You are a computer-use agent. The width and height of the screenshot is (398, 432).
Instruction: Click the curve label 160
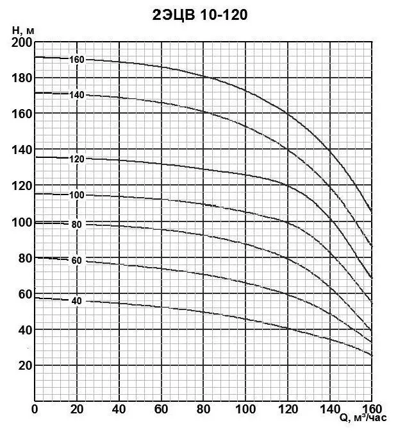(77, 60)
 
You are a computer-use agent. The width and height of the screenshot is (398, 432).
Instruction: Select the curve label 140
(77, 95)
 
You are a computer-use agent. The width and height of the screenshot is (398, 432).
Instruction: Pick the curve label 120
(77, 158)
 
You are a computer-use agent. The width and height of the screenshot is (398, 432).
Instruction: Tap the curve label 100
(77, 194)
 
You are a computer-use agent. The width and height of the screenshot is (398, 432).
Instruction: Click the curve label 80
(77, 224)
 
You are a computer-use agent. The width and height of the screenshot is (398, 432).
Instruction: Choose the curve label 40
(77, 301)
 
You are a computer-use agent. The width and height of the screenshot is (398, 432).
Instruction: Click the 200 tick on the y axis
(22, 42)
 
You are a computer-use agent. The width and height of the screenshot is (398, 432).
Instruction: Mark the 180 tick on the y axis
(22, 78)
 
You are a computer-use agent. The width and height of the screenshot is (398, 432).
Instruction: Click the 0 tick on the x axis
(35, 409)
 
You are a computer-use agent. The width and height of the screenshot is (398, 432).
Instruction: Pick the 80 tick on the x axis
(203, 409)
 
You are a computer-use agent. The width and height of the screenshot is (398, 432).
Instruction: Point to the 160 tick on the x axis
(372, 409)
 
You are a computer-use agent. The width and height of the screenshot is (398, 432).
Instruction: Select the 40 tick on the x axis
(119, 409)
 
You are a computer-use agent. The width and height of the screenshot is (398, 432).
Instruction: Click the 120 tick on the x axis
(288, 409)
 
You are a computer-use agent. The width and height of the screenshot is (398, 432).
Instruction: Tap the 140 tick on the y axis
(22, 150)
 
